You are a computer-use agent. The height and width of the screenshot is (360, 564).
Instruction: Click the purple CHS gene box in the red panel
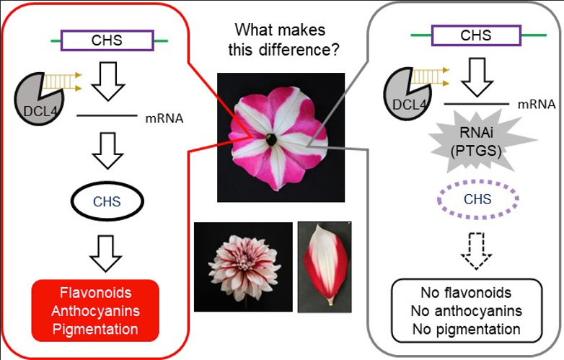pyautogui.click(x=107, y=41)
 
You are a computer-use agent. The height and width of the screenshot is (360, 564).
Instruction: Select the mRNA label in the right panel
pyautogui.click(x=536, y=105)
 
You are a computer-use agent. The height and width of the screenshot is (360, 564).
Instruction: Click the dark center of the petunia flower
pyautogui.click(x=272, y=139)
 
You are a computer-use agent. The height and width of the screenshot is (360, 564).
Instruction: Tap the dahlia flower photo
pyautogui.click(x=243, y=267)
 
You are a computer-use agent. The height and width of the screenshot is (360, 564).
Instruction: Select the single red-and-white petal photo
pyautogui.click(x=325, y=267)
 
